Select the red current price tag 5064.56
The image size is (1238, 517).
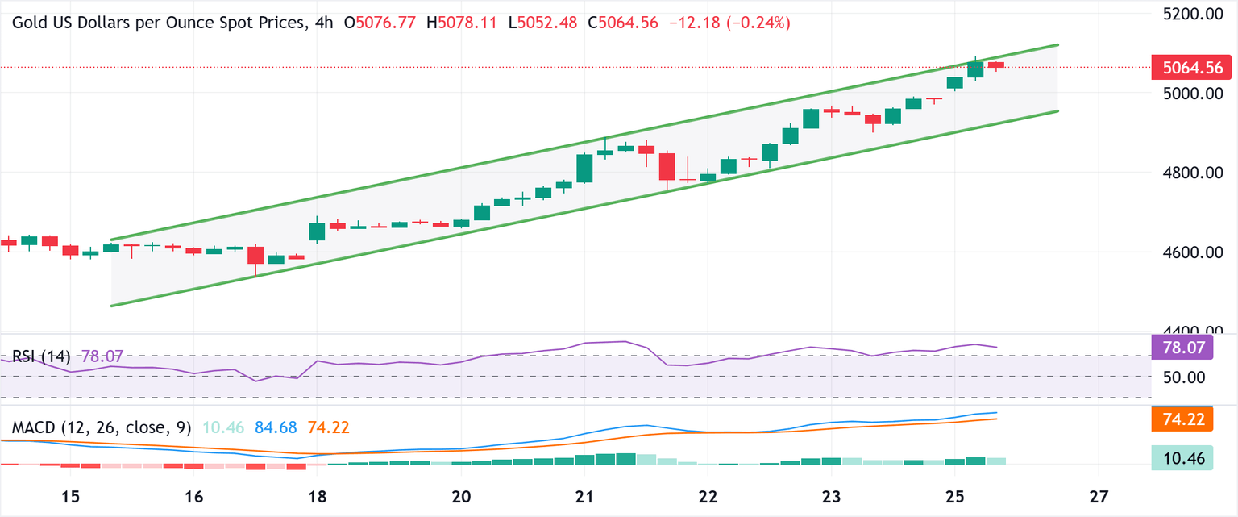pos(1192,67)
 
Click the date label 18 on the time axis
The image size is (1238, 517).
pos(318,494)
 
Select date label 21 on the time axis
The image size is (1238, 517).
pos(584,494)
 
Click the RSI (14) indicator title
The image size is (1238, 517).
pos(40,356)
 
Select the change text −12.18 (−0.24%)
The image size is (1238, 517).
pos(729,23)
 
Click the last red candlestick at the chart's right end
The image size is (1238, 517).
pos(996,65)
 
